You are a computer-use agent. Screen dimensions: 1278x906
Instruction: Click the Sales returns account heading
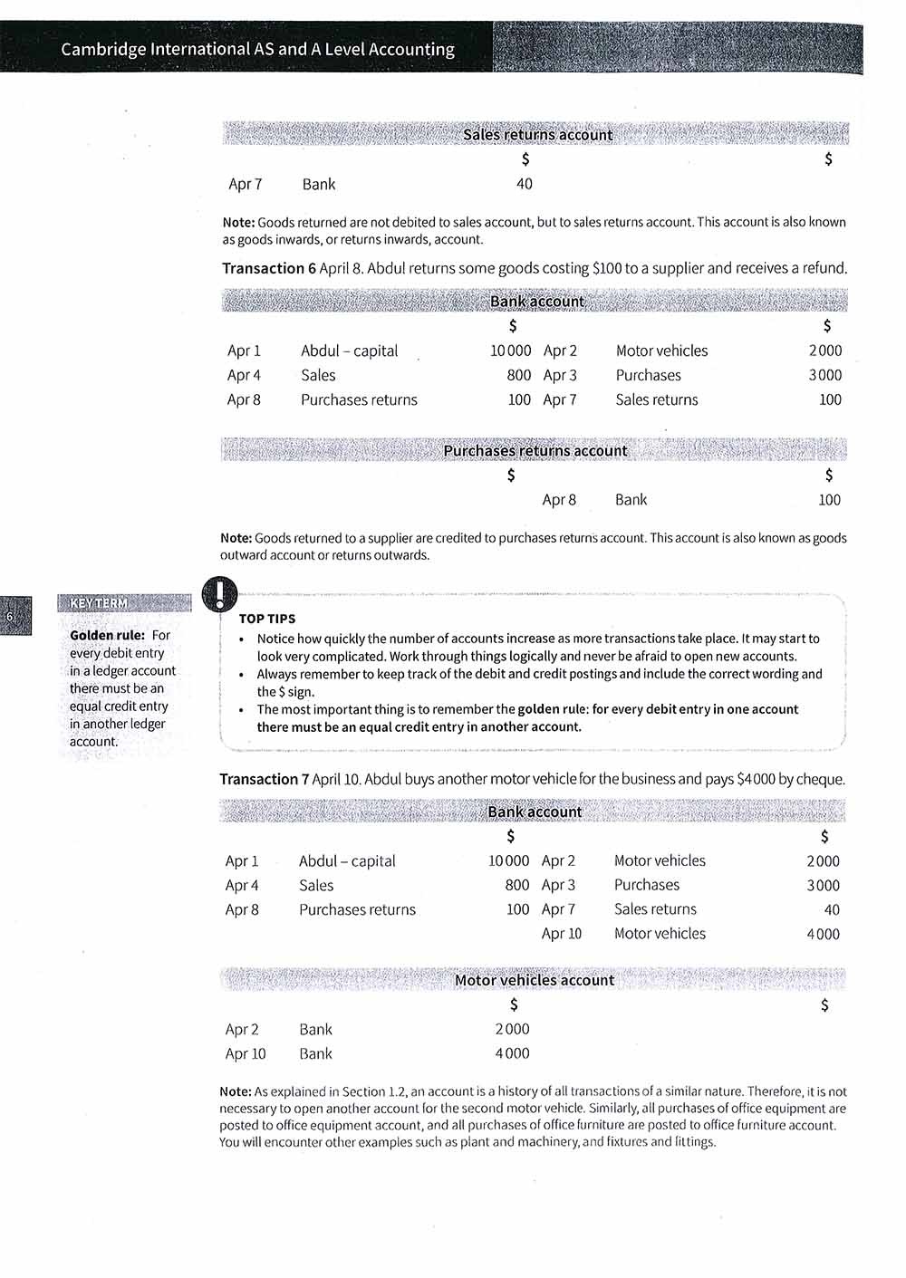537,135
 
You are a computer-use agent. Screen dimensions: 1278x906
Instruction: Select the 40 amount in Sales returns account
525,184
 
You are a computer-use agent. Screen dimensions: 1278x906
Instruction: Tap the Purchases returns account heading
535,450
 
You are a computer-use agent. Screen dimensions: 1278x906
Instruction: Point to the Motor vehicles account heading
535,980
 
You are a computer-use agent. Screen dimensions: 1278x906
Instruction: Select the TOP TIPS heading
267,619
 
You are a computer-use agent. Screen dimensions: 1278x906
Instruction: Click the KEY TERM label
99,603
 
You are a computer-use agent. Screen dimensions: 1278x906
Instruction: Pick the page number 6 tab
10,617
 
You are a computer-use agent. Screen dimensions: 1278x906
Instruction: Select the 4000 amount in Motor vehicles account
512,1053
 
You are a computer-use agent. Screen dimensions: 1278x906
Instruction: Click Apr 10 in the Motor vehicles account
246,1053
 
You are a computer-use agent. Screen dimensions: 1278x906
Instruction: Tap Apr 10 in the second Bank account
562,934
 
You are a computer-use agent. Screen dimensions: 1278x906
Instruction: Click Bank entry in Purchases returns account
631,500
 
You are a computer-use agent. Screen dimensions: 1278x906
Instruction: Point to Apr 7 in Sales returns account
246,184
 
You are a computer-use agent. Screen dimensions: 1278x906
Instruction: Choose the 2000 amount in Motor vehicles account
512,1029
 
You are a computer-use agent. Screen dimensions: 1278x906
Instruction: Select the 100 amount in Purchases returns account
829,500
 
